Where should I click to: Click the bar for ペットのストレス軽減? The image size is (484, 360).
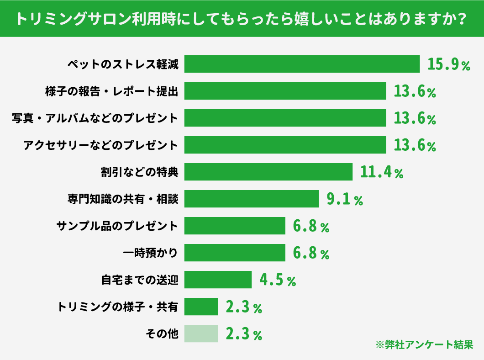302,64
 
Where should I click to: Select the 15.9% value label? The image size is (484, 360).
448,64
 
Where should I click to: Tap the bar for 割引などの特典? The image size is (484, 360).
268,172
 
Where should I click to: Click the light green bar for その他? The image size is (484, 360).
201,334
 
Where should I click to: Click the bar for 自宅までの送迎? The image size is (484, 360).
218,280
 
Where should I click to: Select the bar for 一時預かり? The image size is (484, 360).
235,253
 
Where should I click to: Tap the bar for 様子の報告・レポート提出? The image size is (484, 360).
285,91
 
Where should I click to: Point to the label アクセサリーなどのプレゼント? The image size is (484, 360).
100,145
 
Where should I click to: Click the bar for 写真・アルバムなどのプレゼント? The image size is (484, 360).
285,118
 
